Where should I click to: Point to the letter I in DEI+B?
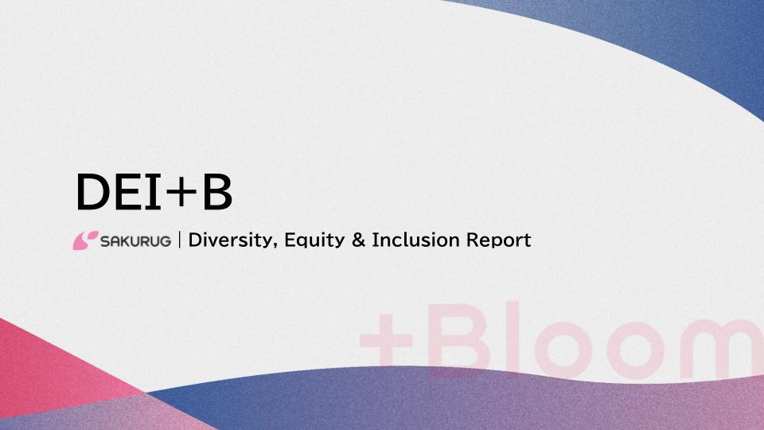(x=158, y=193)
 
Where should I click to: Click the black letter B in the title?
(x=216, y=193)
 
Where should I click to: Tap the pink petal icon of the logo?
(x=85, y=240)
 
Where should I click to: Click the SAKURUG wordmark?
(x=135, y=240)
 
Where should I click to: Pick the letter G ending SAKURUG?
(x=164, y=240)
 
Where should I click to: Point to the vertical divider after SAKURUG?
(x=180, y=240)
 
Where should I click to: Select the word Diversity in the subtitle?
(x=232, y=240)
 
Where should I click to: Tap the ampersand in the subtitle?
(x=357, y=240)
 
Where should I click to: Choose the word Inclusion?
(x=412, y=240)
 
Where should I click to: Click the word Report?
(x=499, y=240)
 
